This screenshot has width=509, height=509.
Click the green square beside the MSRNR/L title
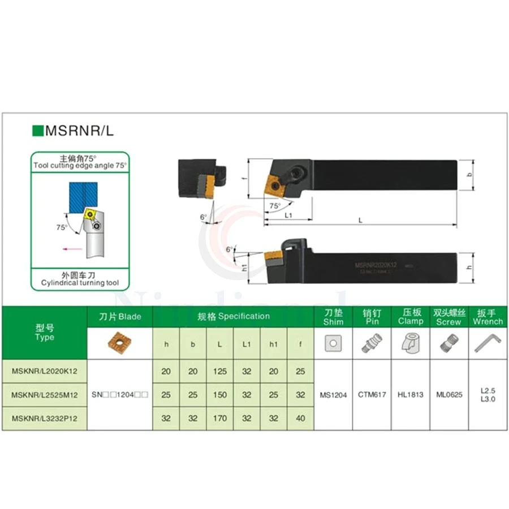(x=37, y=131)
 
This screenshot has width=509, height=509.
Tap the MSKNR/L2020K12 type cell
(x=44, y=372)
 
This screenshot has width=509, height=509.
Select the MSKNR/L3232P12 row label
(x=44, y=418)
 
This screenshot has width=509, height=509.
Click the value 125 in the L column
(x=220, y=372)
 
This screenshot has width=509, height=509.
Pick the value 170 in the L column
(x=220, y=418)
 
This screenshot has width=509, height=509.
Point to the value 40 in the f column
(x=300, y=418)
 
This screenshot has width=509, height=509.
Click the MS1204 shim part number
(x=333, y=395)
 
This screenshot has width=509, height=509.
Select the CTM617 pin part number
(x=372, y=395)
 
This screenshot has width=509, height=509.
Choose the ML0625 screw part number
(x=449, y=395)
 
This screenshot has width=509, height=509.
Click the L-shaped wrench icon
(x=487, y=342)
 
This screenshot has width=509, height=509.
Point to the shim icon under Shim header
(x=333, y=343)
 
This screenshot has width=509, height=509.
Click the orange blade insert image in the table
(x=120, y=342)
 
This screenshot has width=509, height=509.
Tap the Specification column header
(x=234, y=316)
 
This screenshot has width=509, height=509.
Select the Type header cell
(x=44, y=332)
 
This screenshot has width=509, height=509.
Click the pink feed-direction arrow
(x=71, y=248)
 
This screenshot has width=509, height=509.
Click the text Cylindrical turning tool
(x=80, y=282)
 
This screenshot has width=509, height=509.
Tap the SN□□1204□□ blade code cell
(x=120, y=395)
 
